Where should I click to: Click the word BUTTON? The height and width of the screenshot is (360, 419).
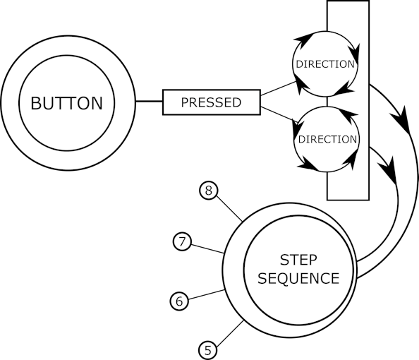(x=67, y=103)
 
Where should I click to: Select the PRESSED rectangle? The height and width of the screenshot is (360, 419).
(x=212, y=102)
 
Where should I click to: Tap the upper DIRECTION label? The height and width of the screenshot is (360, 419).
(x=325, y=64)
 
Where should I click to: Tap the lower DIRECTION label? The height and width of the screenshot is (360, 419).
(x=327, y=139)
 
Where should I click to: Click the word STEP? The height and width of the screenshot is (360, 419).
(x=298, y=260)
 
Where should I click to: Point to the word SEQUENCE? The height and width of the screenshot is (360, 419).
(x=298, y=278)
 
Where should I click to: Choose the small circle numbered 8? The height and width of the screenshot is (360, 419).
(x=208, y=191)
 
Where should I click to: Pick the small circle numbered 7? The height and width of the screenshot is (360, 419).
(x=182, y=241)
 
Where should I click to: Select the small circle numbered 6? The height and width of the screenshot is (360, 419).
(x=179, y=301)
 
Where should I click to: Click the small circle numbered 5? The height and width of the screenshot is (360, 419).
(x=207, y=350)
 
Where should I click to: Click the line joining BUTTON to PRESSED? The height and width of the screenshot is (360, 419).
(x=149, y=102)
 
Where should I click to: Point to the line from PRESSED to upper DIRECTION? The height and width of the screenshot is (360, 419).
(x=279, y=88)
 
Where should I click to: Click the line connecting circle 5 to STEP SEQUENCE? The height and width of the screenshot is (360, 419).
(x=229, y=334)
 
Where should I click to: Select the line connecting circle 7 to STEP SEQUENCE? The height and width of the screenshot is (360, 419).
(x=207, y=248)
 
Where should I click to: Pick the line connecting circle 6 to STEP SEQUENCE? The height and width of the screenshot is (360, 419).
(x=206, y=295)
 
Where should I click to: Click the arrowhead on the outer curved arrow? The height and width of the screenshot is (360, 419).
(x=401, y=120)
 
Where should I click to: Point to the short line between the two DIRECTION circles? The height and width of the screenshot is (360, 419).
(x=327, y=102)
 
